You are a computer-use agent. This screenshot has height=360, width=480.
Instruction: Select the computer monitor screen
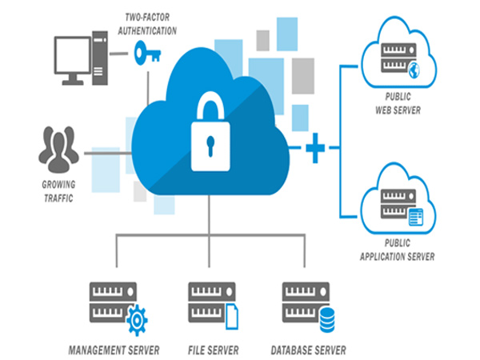click(x=73, y=53)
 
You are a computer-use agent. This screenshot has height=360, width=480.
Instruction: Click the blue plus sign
click(x=316, y=148)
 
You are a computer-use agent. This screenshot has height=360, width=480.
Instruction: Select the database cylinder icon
click(x=326, y=321)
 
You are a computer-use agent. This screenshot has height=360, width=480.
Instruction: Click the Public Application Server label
click(x=398, y=251)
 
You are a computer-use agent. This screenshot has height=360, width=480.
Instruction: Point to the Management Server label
click(x=114, y=350)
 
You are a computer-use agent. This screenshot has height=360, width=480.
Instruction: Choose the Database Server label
click(x=308, y=350)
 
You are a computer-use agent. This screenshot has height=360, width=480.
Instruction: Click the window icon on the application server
click(x=415, y=215)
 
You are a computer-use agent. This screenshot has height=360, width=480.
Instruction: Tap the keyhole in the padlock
click(x=210, y=145)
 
